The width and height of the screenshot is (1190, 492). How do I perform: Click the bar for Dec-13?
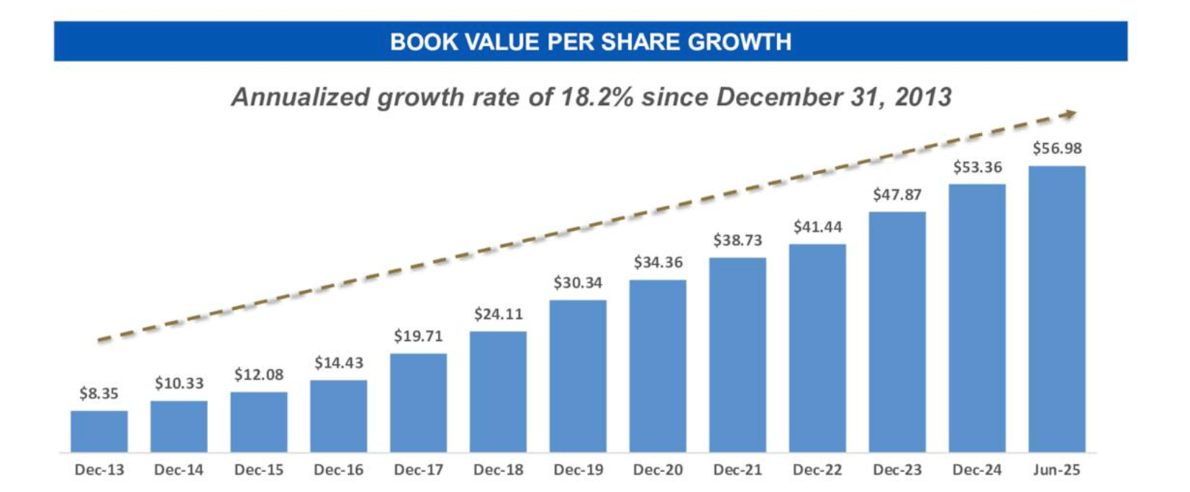click(x=99, y=431)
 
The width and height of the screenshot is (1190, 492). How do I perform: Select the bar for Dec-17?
click(x=418, y=402)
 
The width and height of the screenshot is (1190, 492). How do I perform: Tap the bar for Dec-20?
click(x=658, y=365)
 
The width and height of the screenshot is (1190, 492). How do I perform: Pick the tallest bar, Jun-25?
click(x=1056, y=309)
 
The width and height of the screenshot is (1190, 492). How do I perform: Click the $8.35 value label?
click(x=99, y=393)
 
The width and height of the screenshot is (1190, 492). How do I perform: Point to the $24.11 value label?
click(x=498, y=314)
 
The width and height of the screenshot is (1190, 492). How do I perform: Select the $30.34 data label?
click(x=578, y=283)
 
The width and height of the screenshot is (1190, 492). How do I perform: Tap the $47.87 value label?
click(x=897, y=194)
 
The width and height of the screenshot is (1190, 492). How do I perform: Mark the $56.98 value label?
click(x=1056, y=148)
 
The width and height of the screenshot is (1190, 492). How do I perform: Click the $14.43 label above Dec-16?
click(x=338, y=363)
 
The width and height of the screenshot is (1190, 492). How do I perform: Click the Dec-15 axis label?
click(x=258, y=470)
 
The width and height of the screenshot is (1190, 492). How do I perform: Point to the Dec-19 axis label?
click(x=578, y=470)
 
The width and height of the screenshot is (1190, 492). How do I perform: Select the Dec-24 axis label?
click(x=976, y=470)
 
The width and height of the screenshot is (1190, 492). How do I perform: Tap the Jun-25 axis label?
click(x=1056, y=470)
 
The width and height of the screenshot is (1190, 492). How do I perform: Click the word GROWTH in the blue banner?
click(x=739, y=42)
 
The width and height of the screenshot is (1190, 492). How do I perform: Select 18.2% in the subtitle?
click(x=596, y=97)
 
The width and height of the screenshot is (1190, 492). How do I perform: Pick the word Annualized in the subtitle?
click(x=301, y=97)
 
